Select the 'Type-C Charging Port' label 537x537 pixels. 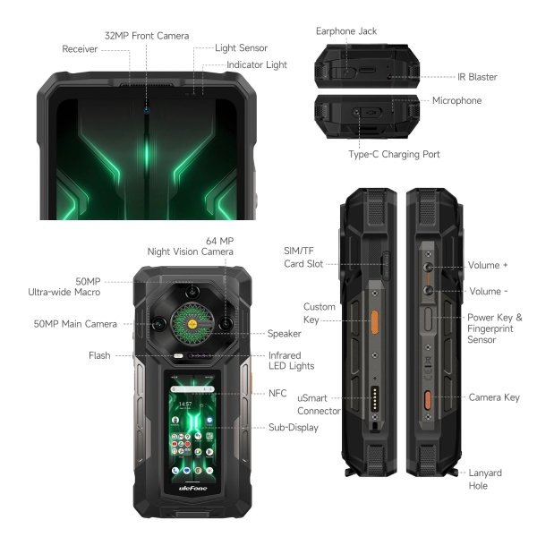point(393,154)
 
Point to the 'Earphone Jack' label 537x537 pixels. point(345,30)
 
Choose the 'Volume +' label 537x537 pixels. point(488,266)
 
